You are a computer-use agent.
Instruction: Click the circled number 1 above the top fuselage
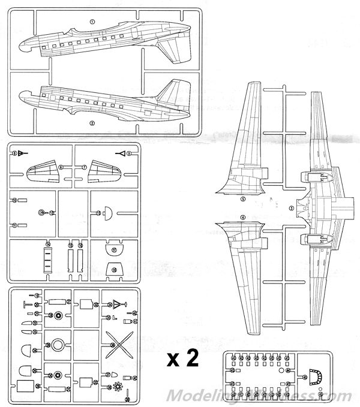[92, 21]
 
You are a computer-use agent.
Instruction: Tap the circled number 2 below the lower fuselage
[92, 123]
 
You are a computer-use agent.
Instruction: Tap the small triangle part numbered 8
[18, 154]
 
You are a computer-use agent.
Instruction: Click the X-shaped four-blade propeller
[117, 345]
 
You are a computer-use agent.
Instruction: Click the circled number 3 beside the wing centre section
[292, 208]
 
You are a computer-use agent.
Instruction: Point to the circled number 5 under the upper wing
[243, 198]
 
